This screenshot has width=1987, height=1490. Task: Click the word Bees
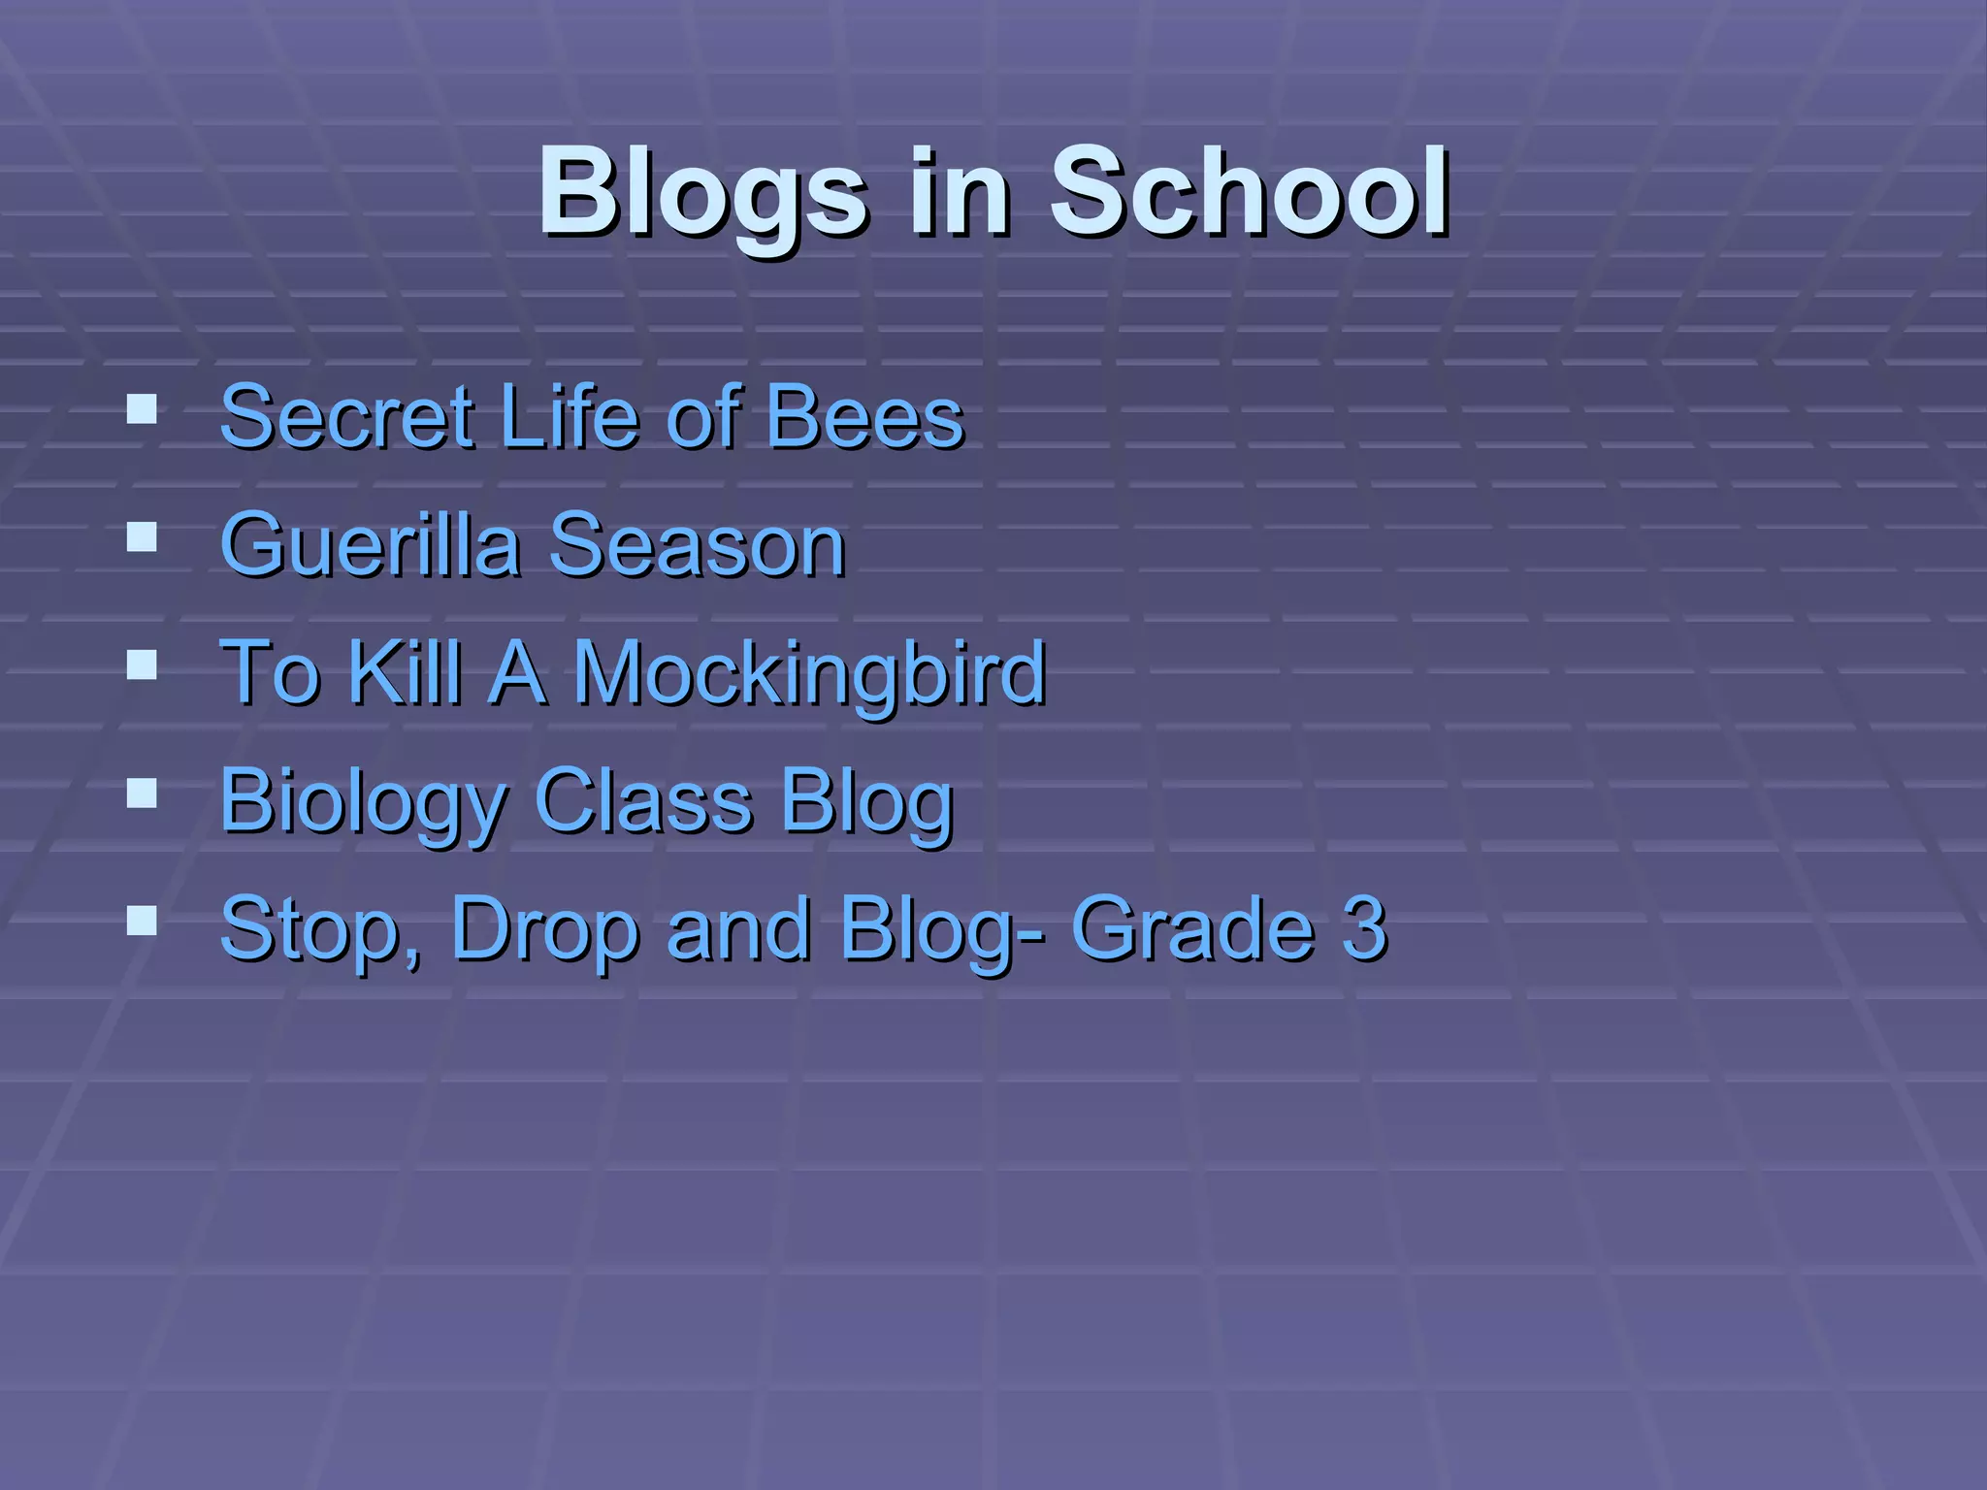pyautogui.click(x=864, y=417)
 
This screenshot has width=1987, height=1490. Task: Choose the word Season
pyautogui.click(x=698, y=545)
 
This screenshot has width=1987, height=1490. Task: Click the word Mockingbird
pyautogui.click(x=810, y=672)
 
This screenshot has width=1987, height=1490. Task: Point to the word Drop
pyautogui.click(x=543, y=929)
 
